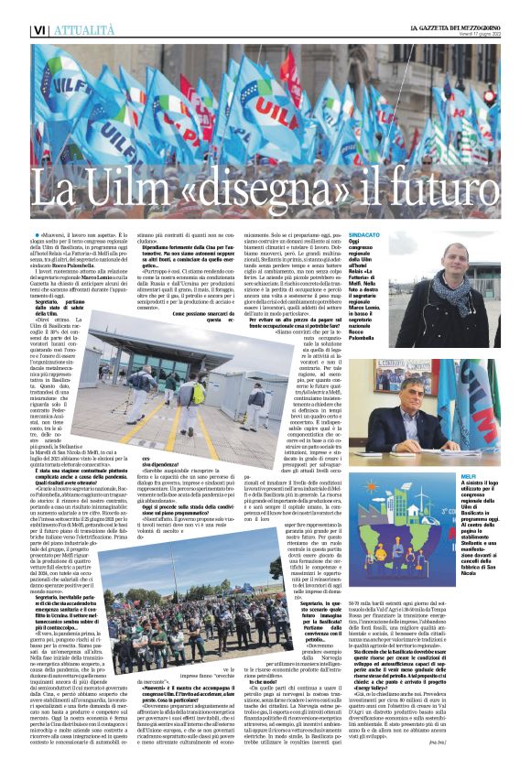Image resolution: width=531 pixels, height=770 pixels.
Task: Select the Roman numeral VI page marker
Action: (14, 30)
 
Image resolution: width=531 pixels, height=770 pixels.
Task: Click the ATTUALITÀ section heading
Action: (61, 30)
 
